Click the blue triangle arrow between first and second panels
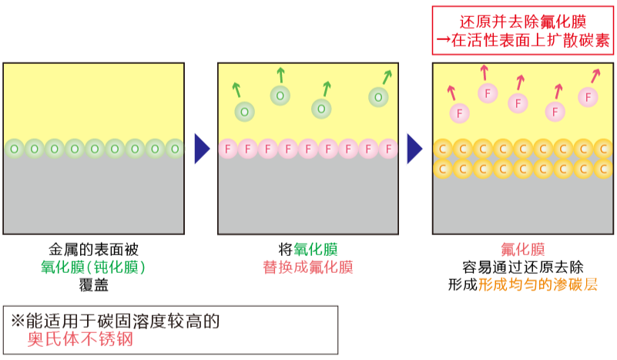pyautogui.click(x=201, y=149)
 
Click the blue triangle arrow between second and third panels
pyautogui.click(x=414, y=149)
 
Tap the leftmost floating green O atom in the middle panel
pyautogui.click(x=244, y=112)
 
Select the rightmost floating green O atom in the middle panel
pyautogui.click(x=378, y=97)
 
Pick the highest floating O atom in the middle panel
pyautogui.click(x=280, y=96)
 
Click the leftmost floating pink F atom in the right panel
pyautogui.click(x=459, y=113)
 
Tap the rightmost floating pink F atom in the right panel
pyautogui.click(x=588, y=97)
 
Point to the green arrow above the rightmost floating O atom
pyautogui.click(x=387, y=76)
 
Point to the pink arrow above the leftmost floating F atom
pyautogui.click(x=451, y=93)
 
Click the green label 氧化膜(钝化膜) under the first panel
pyautogui.click(x=93, y=267)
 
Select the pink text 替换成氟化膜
pyautogui.click(x=307, y=267)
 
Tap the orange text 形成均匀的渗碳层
pyautogui.click(x=538, y=284)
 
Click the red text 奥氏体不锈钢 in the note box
pyautogui.click(x=80, y=340)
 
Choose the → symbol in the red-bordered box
pyautogui.click(x=444, y=40)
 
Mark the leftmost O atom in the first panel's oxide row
pyautogui.click(x=14, y=148)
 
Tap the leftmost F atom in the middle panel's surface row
pyautogui.click(x=228, y=149)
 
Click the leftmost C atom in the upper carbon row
pyautogui.click(x=442, y=148)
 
